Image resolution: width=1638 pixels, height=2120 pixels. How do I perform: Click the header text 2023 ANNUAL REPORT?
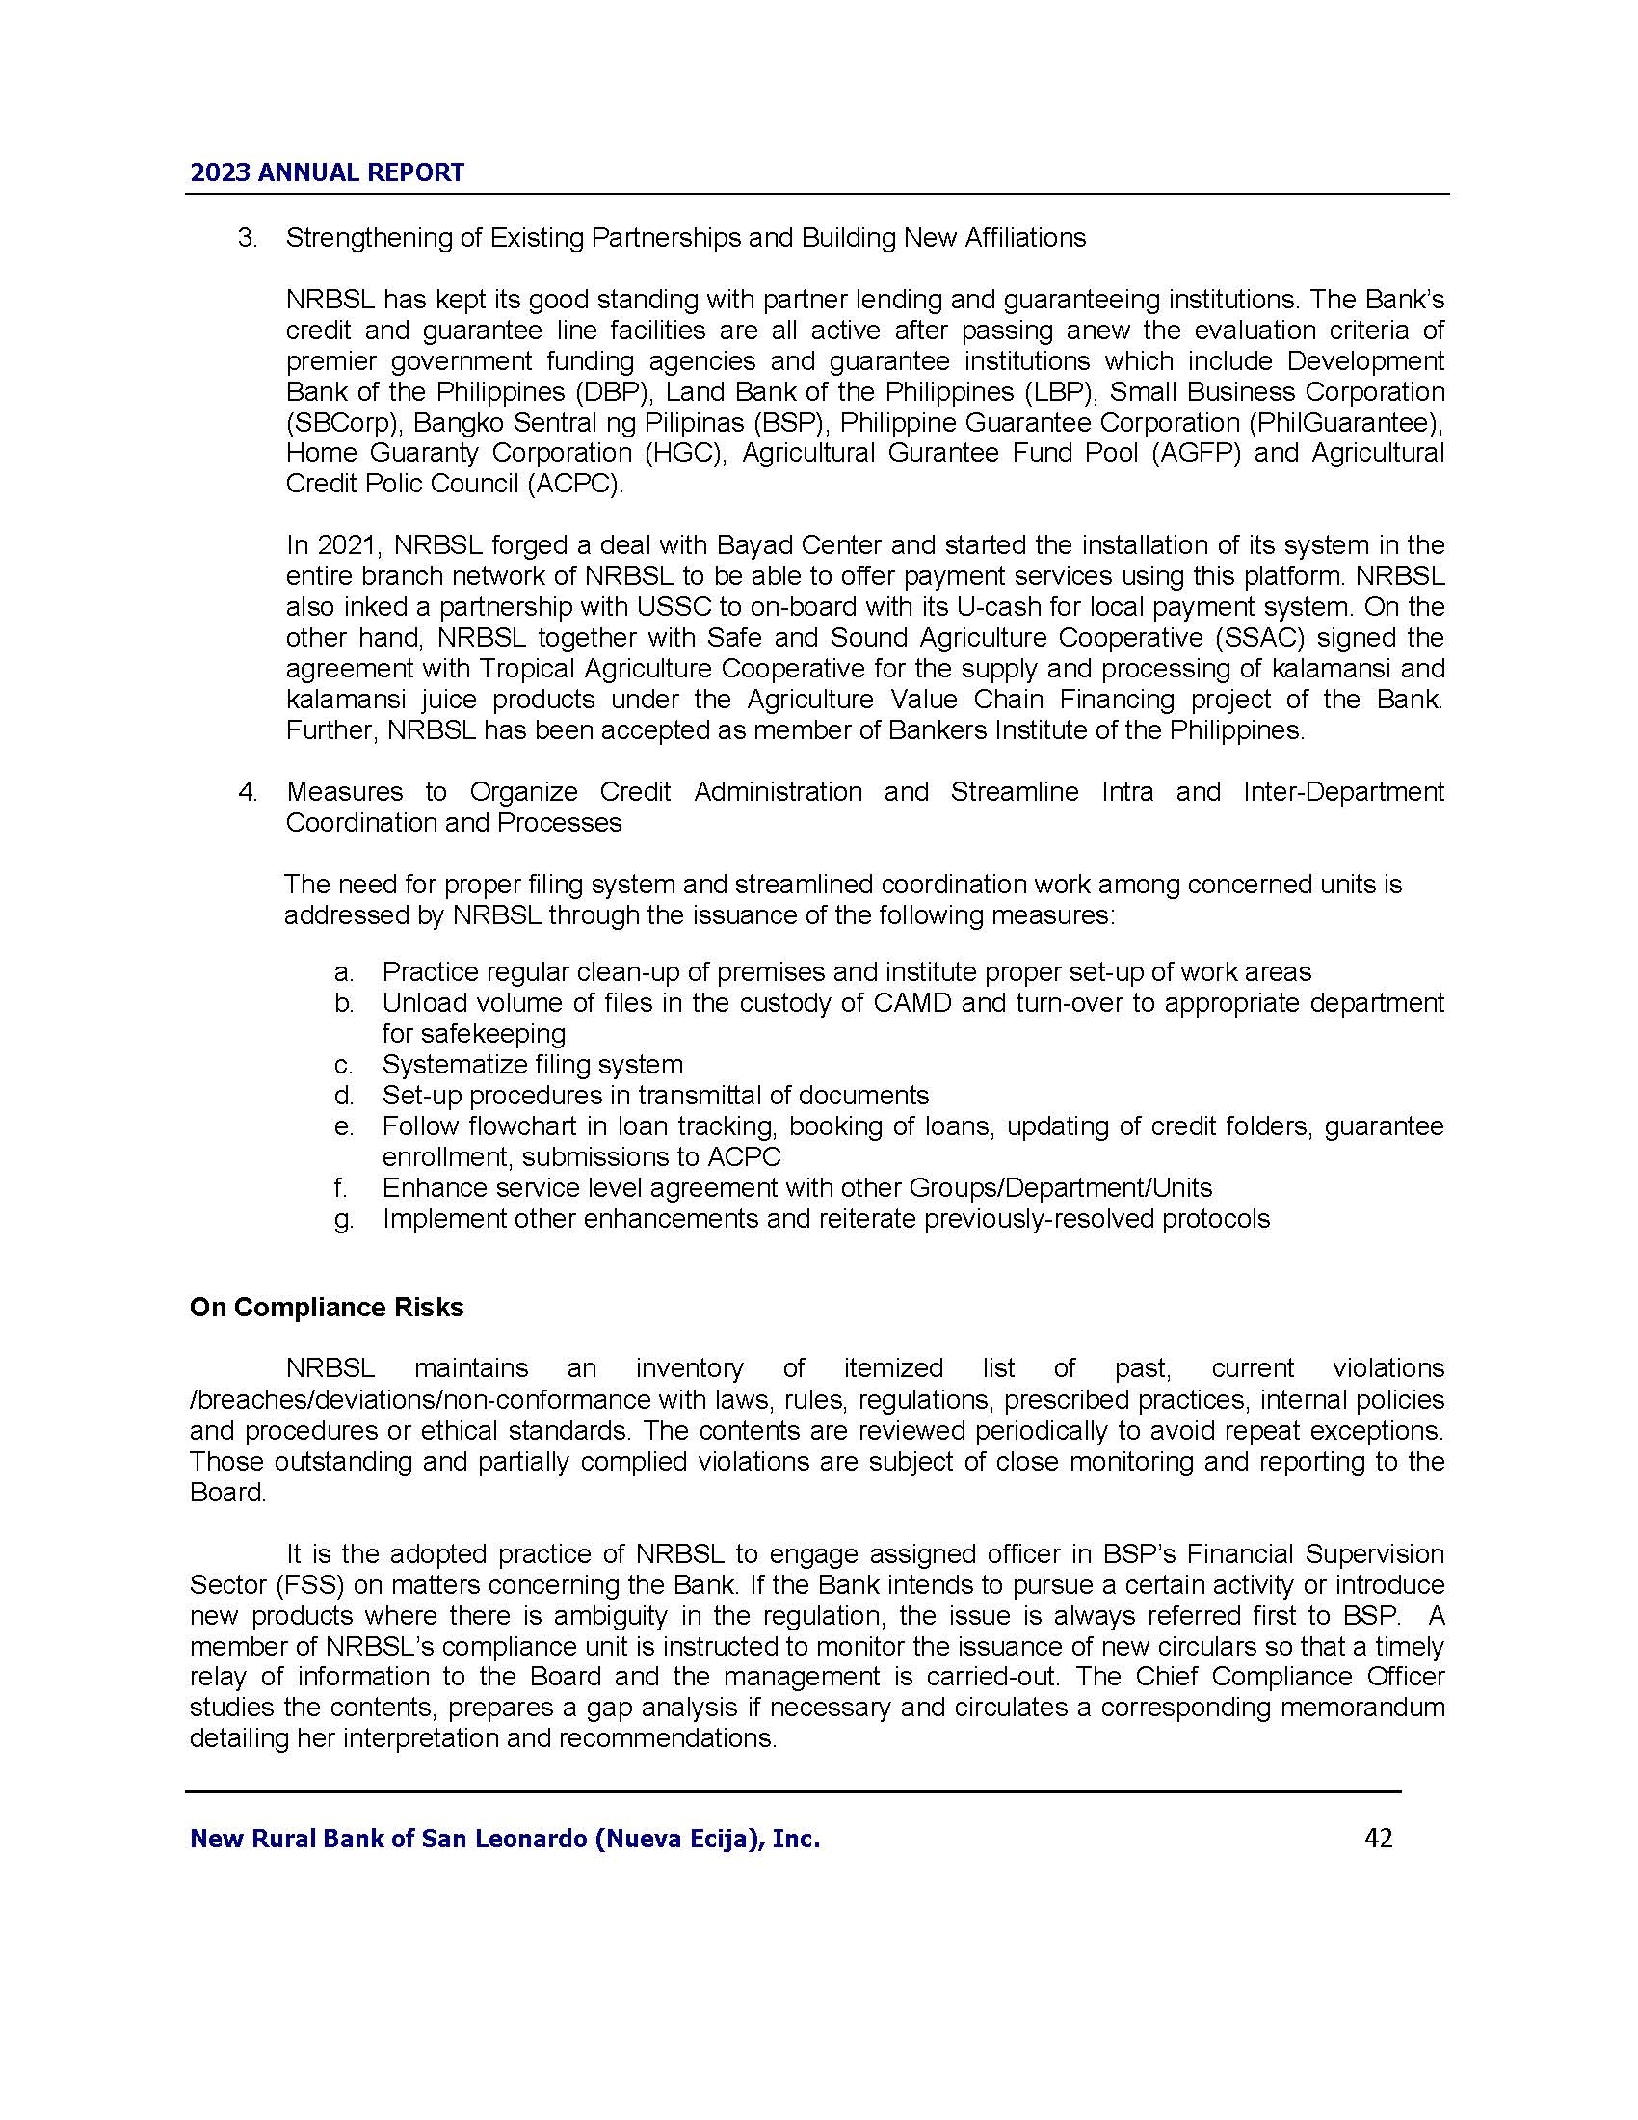pos(327,172)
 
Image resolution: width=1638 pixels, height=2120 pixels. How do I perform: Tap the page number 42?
pos(1378,1838)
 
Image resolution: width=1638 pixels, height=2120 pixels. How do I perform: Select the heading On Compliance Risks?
pos(326,1308)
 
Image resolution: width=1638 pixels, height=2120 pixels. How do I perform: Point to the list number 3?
pos(248,238)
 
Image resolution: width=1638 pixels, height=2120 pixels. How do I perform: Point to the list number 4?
pos(248,792)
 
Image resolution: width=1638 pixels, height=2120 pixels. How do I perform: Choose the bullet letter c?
pos(344,1066)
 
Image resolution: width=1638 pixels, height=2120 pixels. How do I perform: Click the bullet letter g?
pos(344,1219)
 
